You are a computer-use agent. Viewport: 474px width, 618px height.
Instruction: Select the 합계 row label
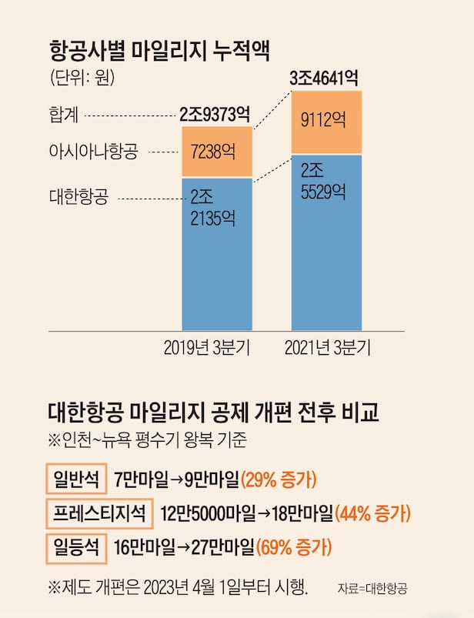(64, 115)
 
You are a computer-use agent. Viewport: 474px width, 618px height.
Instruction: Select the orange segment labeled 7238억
(216, 152)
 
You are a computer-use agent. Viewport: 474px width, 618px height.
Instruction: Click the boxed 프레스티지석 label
(99, 513)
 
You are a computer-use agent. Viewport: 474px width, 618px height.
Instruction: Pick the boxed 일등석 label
(76, 547)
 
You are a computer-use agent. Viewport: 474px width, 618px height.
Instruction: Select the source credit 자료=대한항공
(372, 589)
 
